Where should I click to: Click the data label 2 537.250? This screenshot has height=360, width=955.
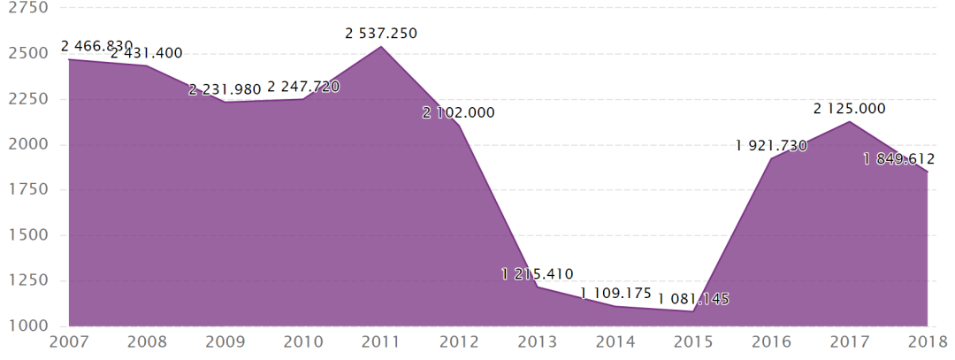pos(381,34)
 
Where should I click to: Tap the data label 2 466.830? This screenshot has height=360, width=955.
pos(96,45)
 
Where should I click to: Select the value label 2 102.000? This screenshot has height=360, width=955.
pos(459,112)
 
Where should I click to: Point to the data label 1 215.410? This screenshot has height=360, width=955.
pos(537,274)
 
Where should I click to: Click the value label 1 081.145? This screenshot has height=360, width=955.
pos(693,299)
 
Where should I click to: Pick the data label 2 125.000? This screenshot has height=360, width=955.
pos(849,109)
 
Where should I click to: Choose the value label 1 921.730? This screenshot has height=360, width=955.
pos(771,146)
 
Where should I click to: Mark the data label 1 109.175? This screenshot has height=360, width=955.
pos(615,293)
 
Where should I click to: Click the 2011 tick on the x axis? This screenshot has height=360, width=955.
pos(381,341)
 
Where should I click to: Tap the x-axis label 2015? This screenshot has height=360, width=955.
pos(693,341)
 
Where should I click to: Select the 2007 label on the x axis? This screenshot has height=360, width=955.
pos(69,341)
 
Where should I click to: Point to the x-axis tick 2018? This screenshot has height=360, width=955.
pos(928,341)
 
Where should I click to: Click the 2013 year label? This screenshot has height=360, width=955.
pos(537,341)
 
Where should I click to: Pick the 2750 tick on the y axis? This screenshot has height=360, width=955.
pos(25,8)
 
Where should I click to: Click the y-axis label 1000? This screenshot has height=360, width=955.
pos(25,326)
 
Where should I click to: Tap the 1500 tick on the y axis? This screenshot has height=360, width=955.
pos(25,235)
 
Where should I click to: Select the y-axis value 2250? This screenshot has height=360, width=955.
pos(25,99)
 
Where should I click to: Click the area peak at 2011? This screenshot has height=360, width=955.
pos(381,46)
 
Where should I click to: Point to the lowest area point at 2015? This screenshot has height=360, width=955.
pos(693,311)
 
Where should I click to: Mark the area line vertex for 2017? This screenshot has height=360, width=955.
pos(849,121)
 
